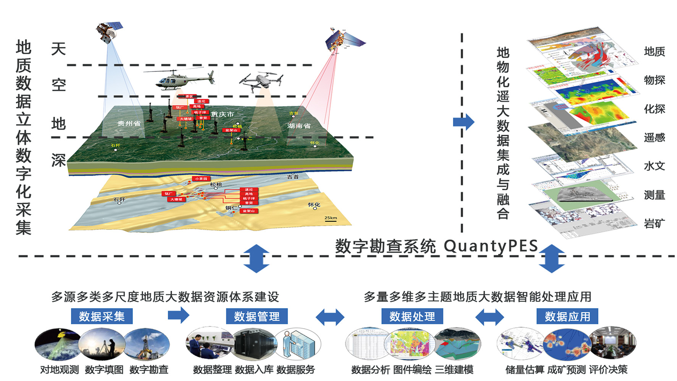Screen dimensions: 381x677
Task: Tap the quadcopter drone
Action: [x=261, y=81]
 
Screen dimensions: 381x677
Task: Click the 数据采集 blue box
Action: [x=102, y=316]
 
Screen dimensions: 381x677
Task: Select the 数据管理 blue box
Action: [x=257, y=316]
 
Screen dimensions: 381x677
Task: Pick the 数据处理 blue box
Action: [x=412, y=316]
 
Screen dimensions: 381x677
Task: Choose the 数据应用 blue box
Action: [x=567, y=316]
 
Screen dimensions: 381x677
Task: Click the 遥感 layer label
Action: [x=654, y=138]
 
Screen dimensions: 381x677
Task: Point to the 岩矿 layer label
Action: [x=654, y=224]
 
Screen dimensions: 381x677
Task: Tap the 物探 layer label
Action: [x=654, y=80]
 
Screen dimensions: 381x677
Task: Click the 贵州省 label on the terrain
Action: [x=129, y=123]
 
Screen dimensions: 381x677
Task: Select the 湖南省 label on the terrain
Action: [x=299, y=126]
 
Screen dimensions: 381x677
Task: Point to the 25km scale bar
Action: [x=330, y=219]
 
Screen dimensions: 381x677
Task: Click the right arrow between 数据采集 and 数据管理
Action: [x=178, y=315]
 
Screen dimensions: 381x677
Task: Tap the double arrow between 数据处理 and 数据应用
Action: [x=489, y=317]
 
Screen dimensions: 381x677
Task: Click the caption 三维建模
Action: [x=454, y=370]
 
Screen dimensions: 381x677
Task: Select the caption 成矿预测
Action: [x=566, y=370]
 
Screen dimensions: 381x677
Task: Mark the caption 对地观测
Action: [x=60, y=370]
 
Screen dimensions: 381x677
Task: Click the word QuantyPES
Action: [x=491, y=246]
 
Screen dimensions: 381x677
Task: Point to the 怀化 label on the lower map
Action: [x=314, y=205]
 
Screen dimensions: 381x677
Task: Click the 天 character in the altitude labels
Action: [x=58, y=49]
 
